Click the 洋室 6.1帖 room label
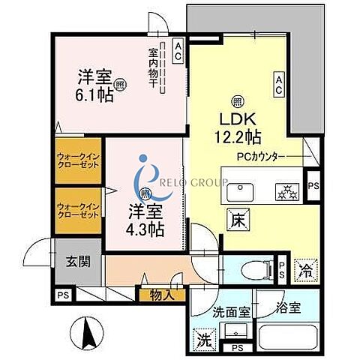(x=96, y=87)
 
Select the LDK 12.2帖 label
(x=239, y=127)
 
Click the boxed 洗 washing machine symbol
(x=204, y=338)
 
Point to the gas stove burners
(x=286, y=189)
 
